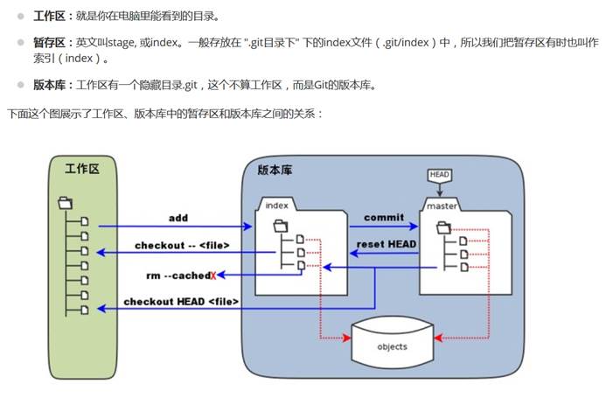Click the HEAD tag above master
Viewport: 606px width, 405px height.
pyautogui.click(x=439, y=174)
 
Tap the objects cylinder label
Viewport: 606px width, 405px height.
pyautogui.click(x=393, y=347)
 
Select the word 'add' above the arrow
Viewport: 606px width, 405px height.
pyautogui.click(x=178, y=217)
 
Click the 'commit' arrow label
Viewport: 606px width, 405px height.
pyautogui.click(x=384, y=217)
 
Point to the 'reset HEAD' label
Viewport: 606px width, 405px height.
pyautogui.click(x=386, y=244)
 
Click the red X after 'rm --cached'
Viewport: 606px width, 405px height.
pyautogui.click(x=212, y=276)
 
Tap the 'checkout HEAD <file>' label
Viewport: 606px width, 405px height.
pyautogui.click(x=181, y=302)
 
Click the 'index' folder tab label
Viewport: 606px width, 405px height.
pyautogui.click(x=276, y=205)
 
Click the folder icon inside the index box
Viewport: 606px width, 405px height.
pyautogui.click(x=281, y=226)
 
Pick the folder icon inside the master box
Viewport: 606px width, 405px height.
pyautogui.click(x=443, y=227)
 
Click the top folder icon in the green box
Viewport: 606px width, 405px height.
pyautogui.click(x=64, y=203)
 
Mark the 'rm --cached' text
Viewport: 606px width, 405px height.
pyautogui.click(x=177, y=276)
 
